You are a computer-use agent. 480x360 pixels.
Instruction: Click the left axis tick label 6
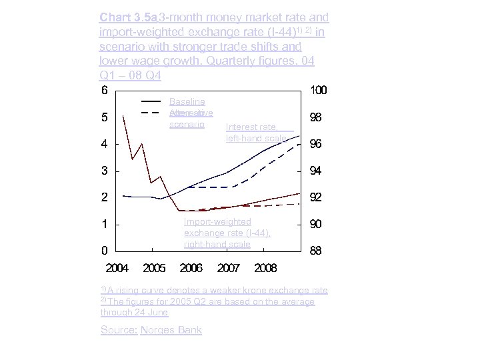105,90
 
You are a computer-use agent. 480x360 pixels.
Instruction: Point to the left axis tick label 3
105,171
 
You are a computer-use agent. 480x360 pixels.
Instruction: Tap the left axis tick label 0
105,251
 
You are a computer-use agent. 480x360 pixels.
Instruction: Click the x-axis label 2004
117,268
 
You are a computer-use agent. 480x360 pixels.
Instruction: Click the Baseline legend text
187,101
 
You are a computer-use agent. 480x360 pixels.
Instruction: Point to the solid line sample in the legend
151,101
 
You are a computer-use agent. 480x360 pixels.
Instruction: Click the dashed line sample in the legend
151,113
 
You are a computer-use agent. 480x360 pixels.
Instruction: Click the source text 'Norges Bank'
171,330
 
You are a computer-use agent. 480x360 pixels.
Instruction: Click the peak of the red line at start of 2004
124,115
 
